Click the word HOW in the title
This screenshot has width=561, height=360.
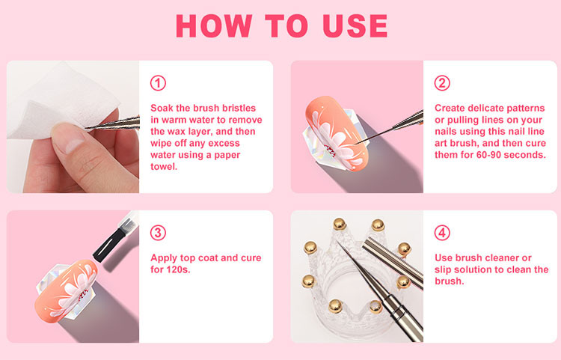(x=214, y=25)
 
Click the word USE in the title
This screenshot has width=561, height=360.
(x=355, y=25)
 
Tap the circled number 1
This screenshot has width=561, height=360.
(x=158, y=83)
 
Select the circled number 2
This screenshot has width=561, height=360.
(x=442, y=83)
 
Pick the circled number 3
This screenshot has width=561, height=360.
(x=158, y=233)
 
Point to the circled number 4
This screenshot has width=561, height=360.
(x=442, y=233)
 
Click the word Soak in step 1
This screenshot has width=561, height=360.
(x=162, y=108)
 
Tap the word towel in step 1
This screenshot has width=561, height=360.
(x=163, y=167)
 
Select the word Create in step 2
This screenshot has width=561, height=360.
(x=450, y=108)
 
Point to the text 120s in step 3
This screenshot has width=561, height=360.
(x=178, y=269)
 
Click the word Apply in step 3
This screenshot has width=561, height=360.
(x=164, y=258)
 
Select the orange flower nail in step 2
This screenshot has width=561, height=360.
(x=335, y=132)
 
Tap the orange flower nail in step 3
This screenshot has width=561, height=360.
(x=66, y=291)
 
